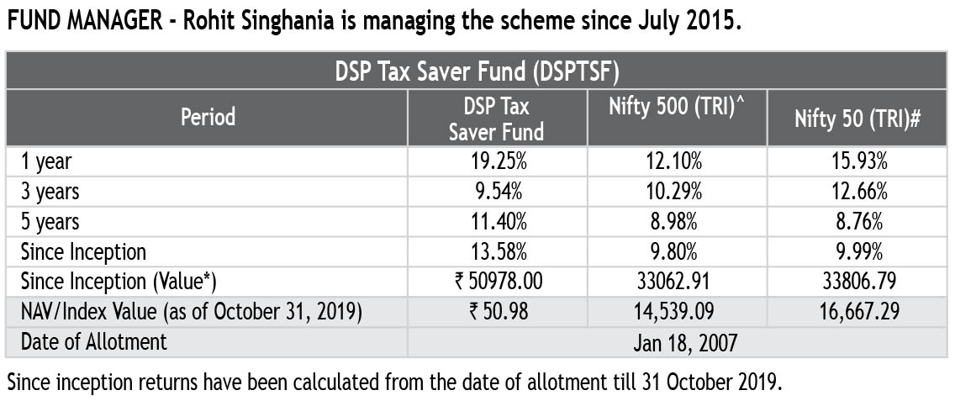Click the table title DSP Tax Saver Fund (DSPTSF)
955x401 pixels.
[477, 71]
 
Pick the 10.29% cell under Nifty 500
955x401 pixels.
[678, 192]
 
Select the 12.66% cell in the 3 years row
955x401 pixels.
[857, 192]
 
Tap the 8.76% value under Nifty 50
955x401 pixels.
[857, 222]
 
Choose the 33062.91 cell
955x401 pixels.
[678, 282]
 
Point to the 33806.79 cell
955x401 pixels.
[857, 282]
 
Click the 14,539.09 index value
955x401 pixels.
[678, 312]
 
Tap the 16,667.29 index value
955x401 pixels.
[857, 312]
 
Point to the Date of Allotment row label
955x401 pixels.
[94, 342]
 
